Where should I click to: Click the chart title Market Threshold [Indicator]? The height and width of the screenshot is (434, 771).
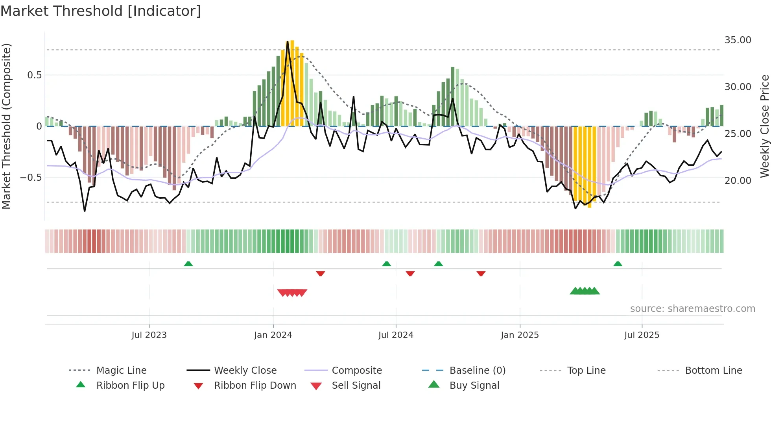[101, 11]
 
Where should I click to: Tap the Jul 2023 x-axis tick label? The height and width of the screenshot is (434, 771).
[149, 335]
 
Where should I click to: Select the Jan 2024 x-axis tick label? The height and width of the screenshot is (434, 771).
[273, 335]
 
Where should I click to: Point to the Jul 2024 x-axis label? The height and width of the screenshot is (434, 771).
[396, 335]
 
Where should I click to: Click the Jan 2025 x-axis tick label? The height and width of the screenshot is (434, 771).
[520, 335]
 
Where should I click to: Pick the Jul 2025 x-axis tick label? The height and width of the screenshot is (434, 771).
[642, 335]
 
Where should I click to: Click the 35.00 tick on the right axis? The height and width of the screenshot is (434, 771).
[738, 40]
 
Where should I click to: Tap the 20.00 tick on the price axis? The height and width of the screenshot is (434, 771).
[738, 181]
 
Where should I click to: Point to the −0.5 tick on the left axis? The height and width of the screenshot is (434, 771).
[31, 178]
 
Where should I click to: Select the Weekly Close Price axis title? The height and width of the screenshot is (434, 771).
[764, 126]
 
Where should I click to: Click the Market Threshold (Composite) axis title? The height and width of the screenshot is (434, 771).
[6, 126]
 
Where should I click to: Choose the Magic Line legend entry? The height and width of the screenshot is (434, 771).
[121, 371]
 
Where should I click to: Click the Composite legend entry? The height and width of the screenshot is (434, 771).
[356, 371]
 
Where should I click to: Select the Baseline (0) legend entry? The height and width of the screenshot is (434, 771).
[477, 371]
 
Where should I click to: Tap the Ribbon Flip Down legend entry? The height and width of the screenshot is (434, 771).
[255, 386]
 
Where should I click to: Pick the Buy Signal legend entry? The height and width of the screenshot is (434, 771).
[474, 386]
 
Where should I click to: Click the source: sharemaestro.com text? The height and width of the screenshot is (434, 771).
[692, 309]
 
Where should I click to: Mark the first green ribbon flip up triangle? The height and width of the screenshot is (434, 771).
[188, 264]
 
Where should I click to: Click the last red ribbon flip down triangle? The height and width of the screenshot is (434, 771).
[481, 273]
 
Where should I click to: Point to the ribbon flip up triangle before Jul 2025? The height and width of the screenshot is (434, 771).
[618, 264]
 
